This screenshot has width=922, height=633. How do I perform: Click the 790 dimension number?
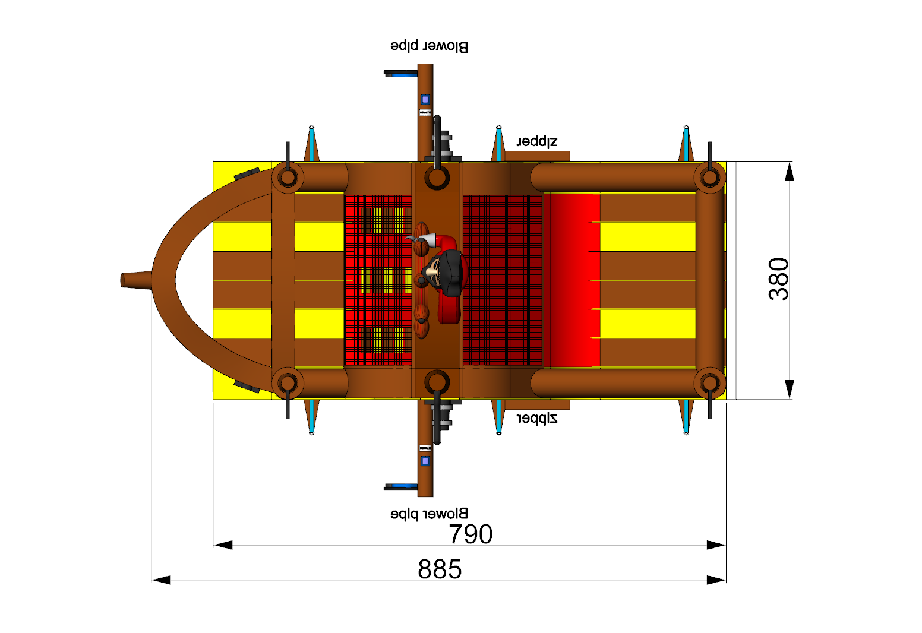coord(471,534)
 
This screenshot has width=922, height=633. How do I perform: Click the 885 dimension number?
coord(440,569)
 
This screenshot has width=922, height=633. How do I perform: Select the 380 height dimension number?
coord(779,279)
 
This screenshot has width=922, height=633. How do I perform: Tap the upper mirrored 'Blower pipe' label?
coord(429,46)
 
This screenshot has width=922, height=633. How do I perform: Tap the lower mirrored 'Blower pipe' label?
coord(429,514)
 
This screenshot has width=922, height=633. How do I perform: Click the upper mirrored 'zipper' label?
coord(537,141)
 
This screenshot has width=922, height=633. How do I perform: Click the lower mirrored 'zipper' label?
coord(537,419)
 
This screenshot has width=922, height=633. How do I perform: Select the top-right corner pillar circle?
coord(709,177)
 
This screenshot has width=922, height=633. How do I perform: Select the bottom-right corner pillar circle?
coord(709,383)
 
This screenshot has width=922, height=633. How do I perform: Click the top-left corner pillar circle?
coord(288,177)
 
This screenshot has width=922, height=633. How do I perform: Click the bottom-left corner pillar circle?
coord(288,383)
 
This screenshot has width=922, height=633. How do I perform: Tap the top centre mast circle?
coord(437,177)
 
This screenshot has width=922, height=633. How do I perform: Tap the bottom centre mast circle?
coord(437,383)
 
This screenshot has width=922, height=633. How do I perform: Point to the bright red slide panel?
coord(573,279)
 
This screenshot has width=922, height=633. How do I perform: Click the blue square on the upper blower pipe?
coord(425,99)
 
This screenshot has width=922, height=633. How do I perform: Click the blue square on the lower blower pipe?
coord(425,461)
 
